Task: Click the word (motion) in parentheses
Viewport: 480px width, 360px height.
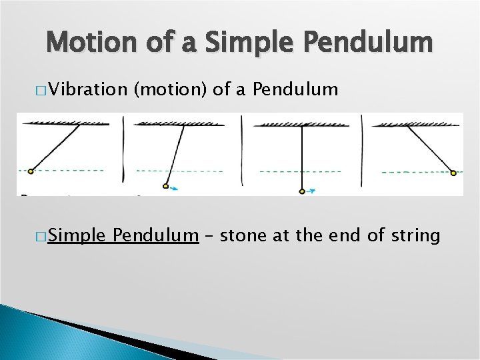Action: point(170,89)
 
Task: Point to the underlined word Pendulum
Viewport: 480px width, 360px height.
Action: point(156,235)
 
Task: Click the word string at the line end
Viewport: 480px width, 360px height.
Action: point(416,235)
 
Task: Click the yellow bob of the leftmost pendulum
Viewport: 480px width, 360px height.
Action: point(30,171)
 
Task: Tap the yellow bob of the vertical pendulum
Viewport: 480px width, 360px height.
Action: point(302,191)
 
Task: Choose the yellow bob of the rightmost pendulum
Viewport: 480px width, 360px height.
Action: point(453,173)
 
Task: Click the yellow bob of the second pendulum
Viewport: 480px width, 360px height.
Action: point(165,186)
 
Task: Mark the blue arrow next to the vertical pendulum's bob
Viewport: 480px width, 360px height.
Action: point(311,191)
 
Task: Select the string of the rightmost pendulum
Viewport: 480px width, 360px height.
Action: point(430,149)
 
